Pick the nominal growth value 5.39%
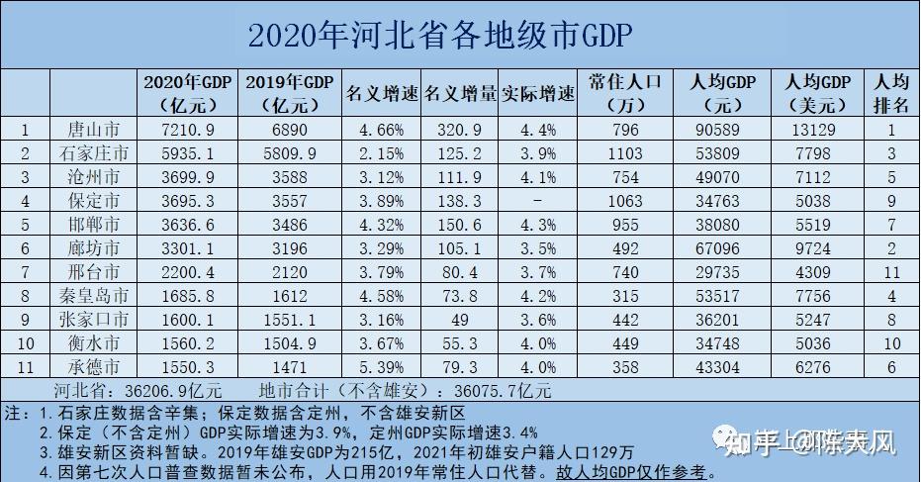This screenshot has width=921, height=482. [x=382, y=366]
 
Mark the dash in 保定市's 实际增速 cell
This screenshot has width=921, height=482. [x=538, y=200]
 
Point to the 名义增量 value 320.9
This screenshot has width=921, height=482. [x=461, y=129]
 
